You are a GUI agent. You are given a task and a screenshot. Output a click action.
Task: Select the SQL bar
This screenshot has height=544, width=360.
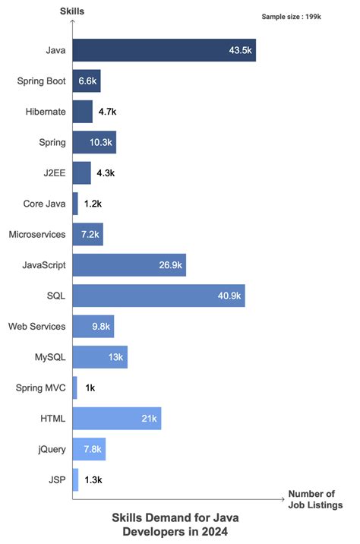(x=159, y=296)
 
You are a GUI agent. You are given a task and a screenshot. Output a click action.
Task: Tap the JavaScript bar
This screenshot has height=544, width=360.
(x=129, y=265)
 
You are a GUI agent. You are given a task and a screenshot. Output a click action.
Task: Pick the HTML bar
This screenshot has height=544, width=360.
(x=117, y=418)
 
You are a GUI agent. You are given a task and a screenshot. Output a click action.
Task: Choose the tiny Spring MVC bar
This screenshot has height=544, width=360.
(x=74, y=387)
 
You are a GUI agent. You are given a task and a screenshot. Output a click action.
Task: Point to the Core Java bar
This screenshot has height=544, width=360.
(x=75, y=204)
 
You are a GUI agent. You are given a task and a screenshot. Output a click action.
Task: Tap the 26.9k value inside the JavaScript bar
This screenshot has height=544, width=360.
(x=168, y=265)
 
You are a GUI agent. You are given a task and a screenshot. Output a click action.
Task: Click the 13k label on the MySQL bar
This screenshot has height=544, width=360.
(x=115, y=357)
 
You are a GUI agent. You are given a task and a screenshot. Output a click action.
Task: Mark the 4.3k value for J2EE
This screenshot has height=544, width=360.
(x=105, y=172)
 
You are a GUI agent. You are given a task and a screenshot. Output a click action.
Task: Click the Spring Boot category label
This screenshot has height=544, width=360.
(x=41, y=81)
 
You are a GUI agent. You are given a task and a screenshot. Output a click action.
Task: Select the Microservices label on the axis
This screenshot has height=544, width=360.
(x=37, y=234)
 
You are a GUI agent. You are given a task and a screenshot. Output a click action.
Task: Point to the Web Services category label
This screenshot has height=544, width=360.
(x=37, y=326)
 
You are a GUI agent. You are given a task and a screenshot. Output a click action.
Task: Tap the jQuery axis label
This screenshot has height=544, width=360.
(x=52, y=449)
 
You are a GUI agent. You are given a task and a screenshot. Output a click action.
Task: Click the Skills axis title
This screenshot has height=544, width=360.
(x=72, y=11)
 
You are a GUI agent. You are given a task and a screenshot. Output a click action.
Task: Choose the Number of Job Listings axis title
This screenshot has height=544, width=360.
(x=315, y=499)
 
